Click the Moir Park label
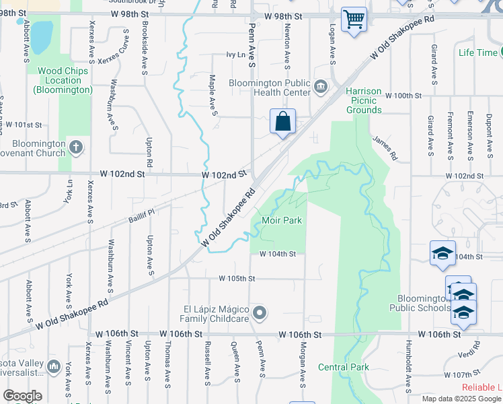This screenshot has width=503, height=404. pos(282,220)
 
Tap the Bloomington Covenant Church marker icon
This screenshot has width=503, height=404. pos(76,147)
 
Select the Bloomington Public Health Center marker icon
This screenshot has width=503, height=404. pos(321,86)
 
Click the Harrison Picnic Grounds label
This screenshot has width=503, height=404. pos(364,100)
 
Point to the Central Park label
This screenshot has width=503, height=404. pos(344,367)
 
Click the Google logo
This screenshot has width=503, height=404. pos(22,396)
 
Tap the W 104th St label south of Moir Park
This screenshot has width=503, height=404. pos(278,254)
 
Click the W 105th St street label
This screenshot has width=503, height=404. pos(237,278)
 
